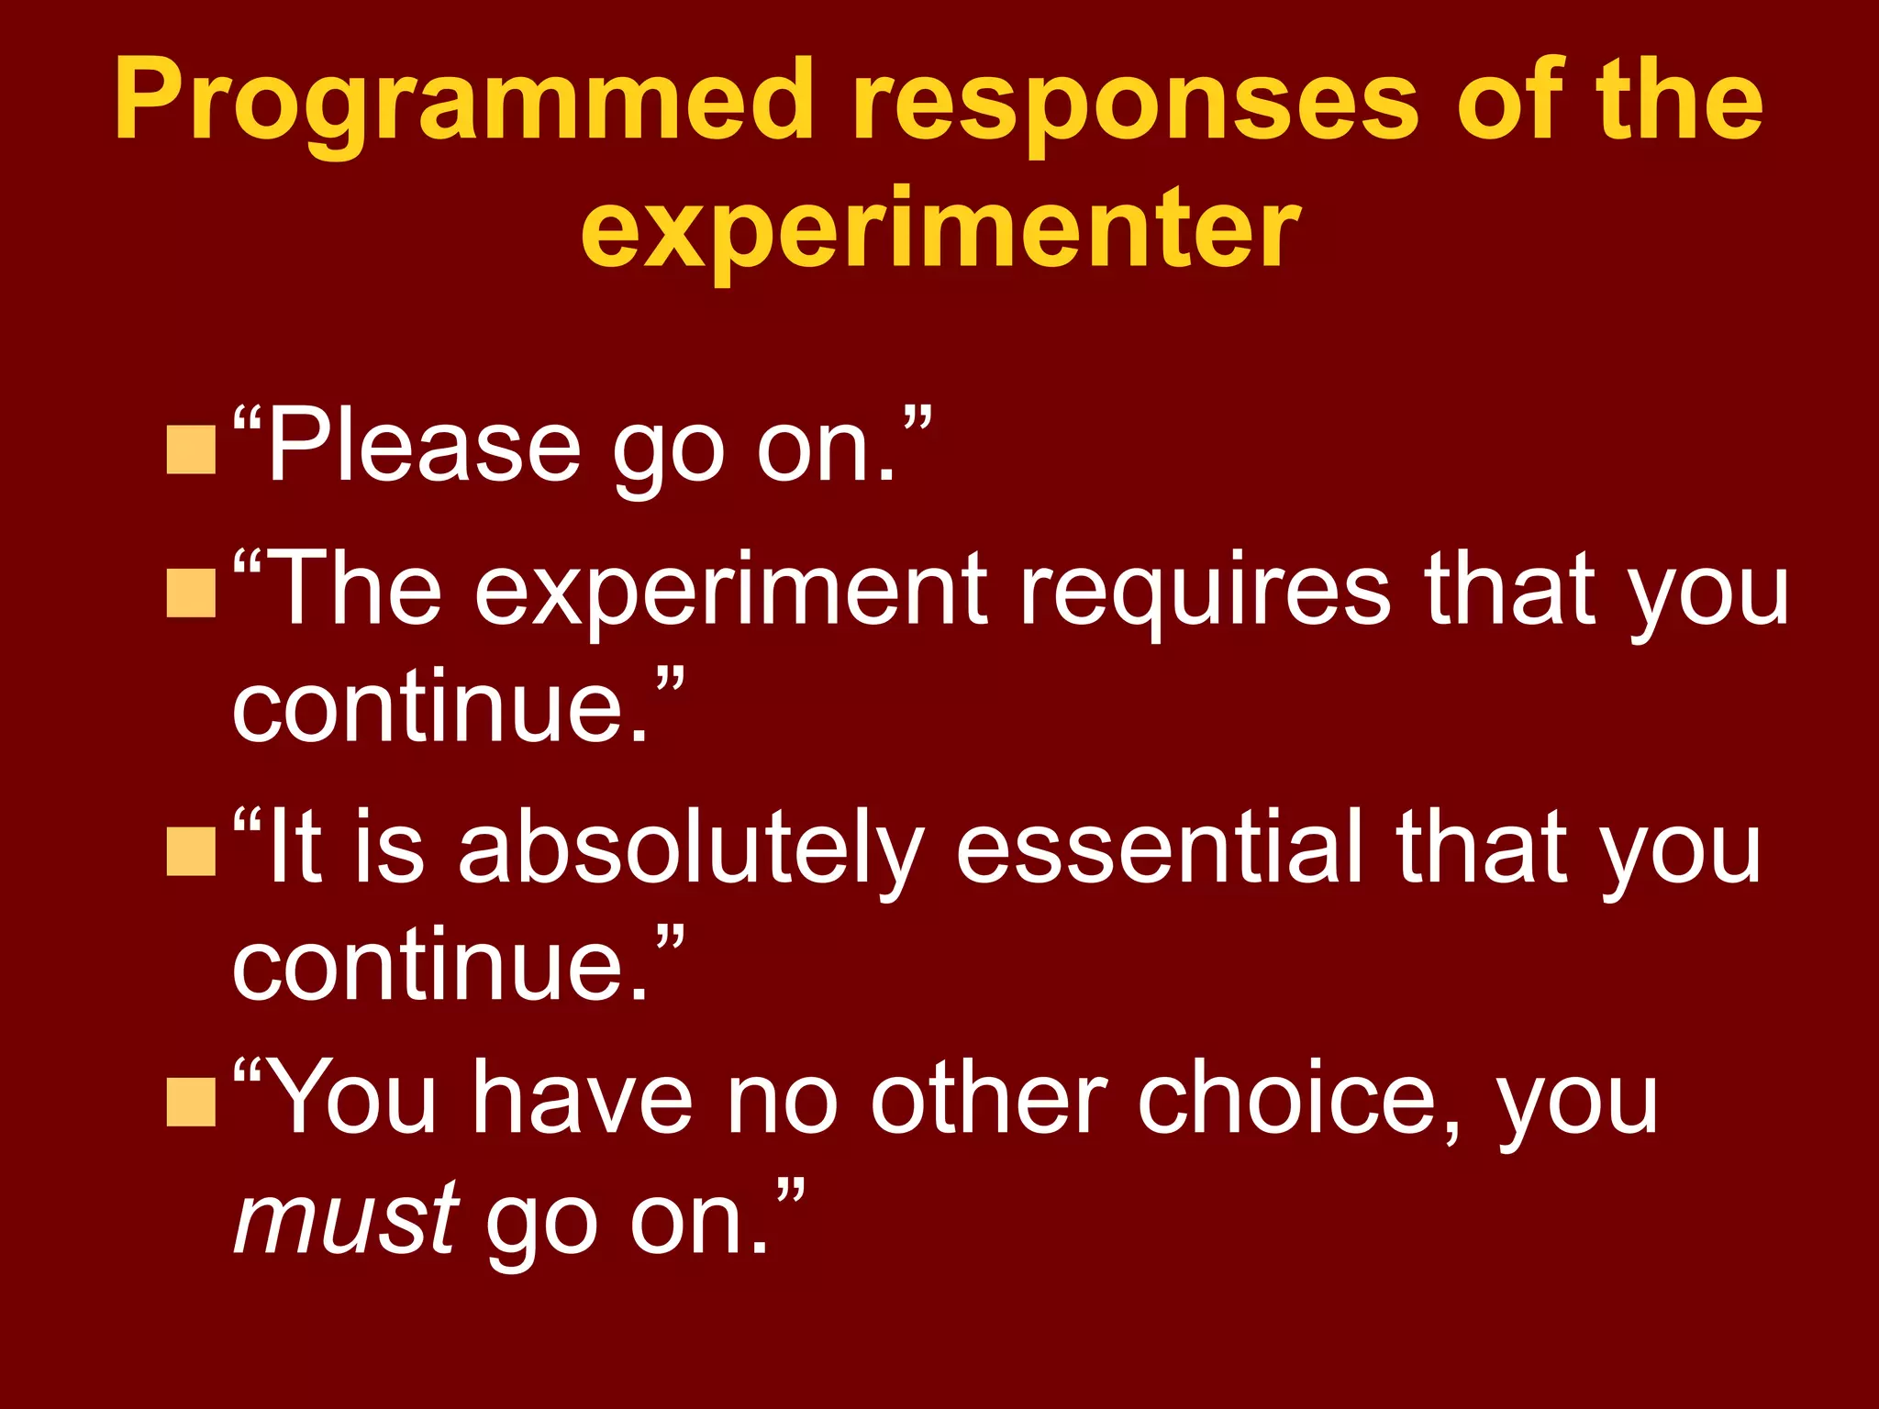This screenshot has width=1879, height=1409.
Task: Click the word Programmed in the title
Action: point(463,101)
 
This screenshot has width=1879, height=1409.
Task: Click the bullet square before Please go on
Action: point(191,449)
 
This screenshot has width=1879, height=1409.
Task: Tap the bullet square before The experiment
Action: point(191,593)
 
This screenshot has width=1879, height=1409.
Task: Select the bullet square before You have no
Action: point(191,1101)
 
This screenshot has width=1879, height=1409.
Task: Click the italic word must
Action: point(345,1220)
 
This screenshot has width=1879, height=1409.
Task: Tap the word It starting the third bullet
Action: point(294,848)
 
